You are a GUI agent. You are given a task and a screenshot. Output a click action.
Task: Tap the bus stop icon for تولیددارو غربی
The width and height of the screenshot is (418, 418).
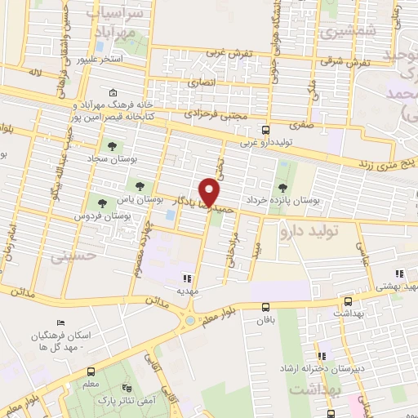pos(265,129)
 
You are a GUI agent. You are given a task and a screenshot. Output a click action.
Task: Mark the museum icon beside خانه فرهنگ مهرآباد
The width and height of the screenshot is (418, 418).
pos(112,91)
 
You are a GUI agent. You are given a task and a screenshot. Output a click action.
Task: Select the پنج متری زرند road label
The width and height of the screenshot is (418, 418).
pos(388,164)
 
